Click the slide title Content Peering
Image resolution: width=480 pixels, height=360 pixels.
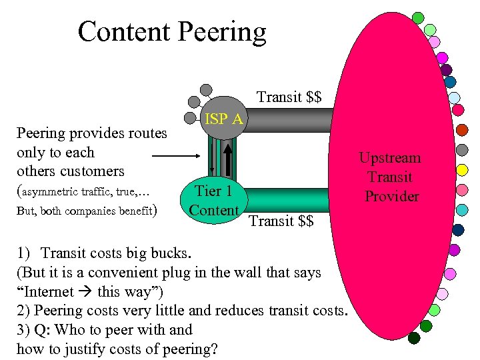pos(171,31)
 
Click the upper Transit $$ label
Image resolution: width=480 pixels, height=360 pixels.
pos(289,97)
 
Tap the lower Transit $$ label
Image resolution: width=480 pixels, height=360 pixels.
pos(281,221)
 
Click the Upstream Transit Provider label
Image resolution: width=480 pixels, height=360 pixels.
pos(390,177)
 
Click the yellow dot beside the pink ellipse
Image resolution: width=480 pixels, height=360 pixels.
pos(461,170)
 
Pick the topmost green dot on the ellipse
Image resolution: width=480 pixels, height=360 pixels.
pos(418,17)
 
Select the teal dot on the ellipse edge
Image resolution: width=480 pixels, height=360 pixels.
pos(461,209)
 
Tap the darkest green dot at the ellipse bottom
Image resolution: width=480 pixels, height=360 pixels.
pos(414,338)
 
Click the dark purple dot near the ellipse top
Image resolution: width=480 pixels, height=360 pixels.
pos(446,69)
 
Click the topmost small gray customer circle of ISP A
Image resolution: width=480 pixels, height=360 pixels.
pos(207,89)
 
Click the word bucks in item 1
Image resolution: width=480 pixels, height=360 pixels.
pos(170,254)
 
